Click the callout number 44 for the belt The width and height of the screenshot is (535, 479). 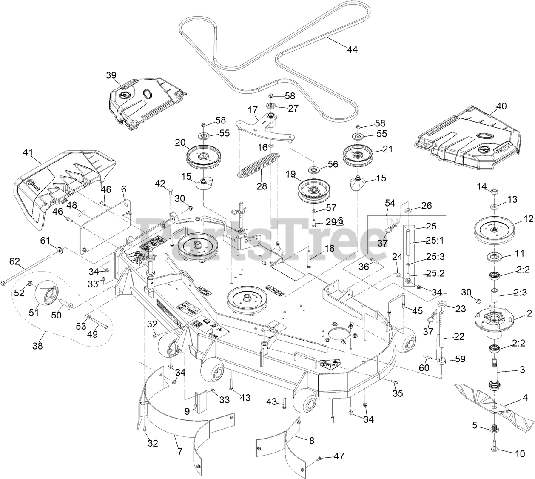[x=352, y=49]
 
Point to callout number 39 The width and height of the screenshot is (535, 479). [x=111, y=75]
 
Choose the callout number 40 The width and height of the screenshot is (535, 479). [x=502, y=106]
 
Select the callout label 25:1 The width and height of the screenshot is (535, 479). [x=435, y=240]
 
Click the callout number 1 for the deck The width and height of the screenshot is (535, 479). [x=333, y=419]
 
